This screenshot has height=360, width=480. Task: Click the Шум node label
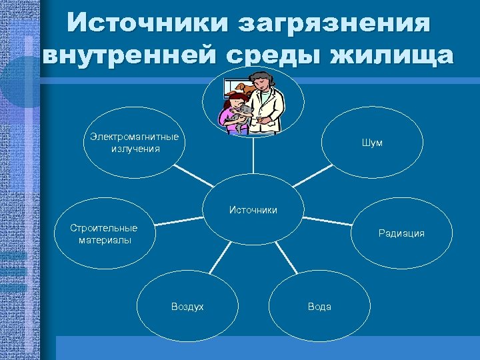pos(372,143)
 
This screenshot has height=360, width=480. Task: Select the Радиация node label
pos(401,233)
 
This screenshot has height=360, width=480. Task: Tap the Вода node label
pos(319,306)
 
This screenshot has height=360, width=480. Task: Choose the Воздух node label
pos(187,306)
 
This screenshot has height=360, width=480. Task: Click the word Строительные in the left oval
pos(104,228)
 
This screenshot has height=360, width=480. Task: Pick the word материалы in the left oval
pos(105,239)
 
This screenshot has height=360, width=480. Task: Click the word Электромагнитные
pos(135,137)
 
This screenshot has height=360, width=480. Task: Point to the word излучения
pos(136,148)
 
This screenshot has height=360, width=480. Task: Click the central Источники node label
pos(253,210)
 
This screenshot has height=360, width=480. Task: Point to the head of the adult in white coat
pos(262,81)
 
